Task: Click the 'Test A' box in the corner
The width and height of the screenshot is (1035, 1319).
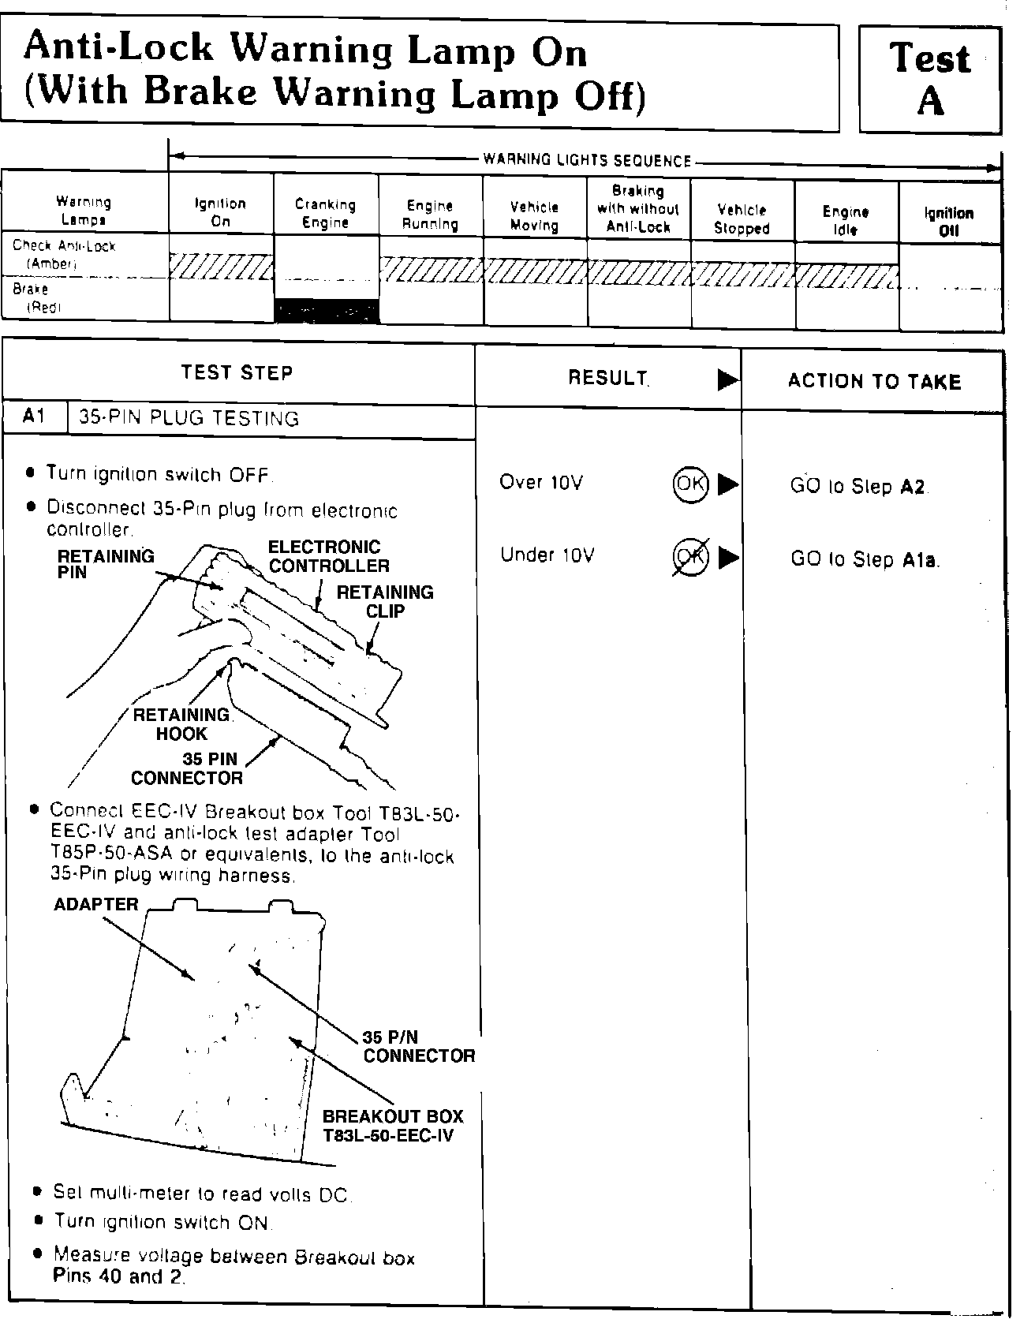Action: click(x=929, y=79)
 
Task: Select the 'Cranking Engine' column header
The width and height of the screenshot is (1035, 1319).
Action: click(x=325, y=214)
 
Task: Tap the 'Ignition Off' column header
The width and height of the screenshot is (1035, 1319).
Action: click(x=948, y=222)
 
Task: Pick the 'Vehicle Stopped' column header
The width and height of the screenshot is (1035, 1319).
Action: click(x=742, y=219)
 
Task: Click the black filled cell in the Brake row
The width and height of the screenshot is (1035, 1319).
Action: click(x=326, y=311)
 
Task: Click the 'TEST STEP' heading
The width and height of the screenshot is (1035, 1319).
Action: click(x=237, y=372)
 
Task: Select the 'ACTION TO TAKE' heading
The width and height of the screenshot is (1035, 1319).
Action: click(x=874, y=382)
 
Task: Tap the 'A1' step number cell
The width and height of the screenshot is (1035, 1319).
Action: click(x=34, y=417)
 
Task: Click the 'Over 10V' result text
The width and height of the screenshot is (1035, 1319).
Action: click(x=541, y=482)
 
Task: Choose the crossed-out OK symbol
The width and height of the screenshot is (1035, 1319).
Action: click(x=690, y=558)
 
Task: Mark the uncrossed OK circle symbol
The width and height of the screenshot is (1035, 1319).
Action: click(x=690, y=483)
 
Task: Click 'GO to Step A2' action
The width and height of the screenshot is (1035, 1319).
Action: click(x=858, y=487)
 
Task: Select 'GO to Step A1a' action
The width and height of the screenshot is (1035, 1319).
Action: click(x=864, y=559)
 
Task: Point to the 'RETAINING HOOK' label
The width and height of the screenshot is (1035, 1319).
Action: click(x=181, y=724)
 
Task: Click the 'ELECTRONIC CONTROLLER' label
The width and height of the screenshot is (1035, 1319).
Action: click(x=329, y=556)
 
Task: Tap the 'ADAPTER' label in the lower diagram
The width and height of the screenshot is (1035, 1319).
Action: click(x=96, y=904)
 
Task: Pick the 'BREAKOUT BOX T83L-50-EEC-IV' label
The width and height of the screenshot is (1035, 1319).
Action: click(x=392, y=1126)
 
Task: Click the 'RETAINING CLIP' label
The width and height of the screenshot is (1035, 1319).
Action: click(x=385, y=601)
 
